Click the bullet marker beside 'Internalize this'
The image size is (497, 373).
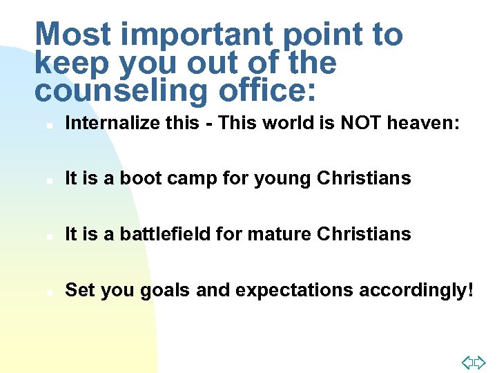tap(42, 125)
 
